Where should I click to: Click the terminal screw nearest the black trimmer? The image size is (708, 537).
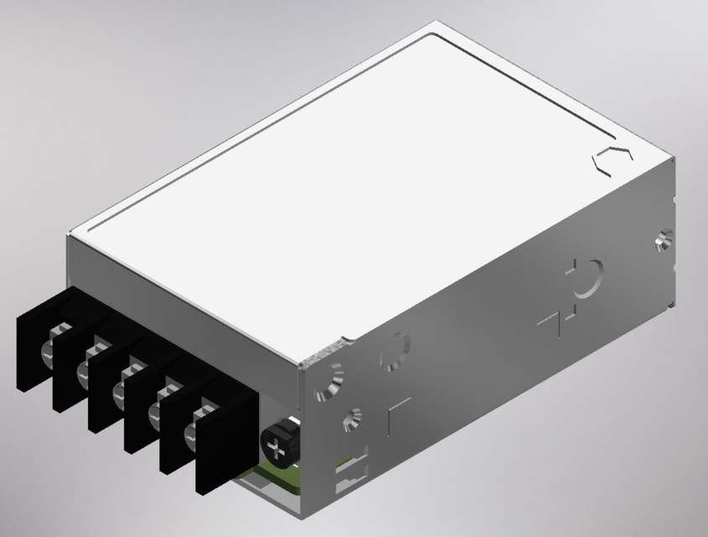201,417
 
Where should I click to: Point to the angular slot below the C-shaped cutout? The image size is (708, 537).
550,321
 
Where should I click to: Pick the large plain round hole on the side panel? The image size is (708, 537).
395,352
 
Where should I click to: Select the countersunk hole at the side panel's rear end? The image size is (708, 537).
663,242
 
